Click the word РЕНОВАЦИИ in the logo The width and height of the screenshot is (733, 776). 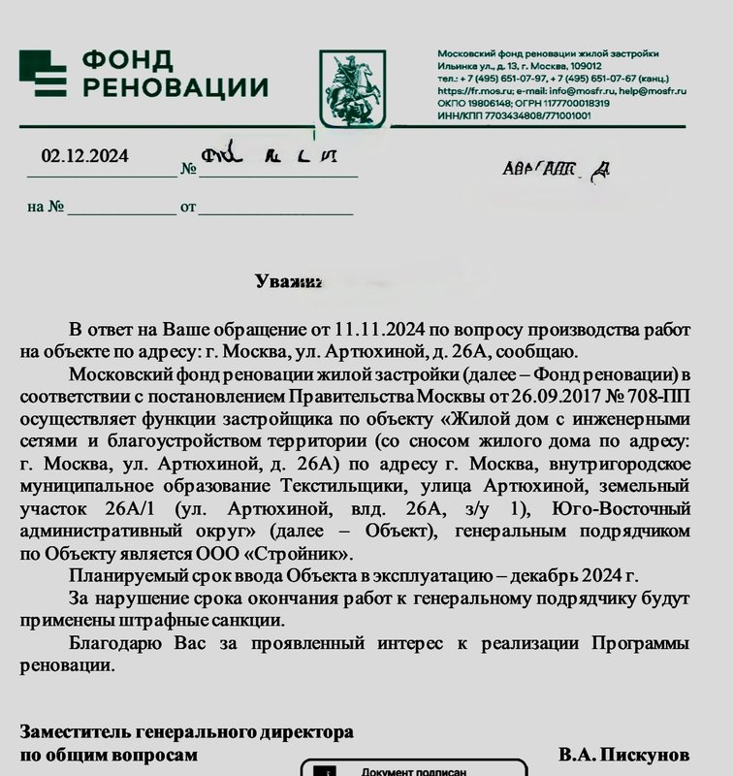pos(175,88)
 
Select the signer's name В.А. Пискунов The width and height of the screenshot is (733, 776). pos(624,754)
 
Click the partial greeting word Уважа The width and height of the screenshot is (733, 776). pos(287,282)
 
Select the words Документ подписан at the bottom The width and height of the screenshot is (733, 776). pos(414,772)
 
